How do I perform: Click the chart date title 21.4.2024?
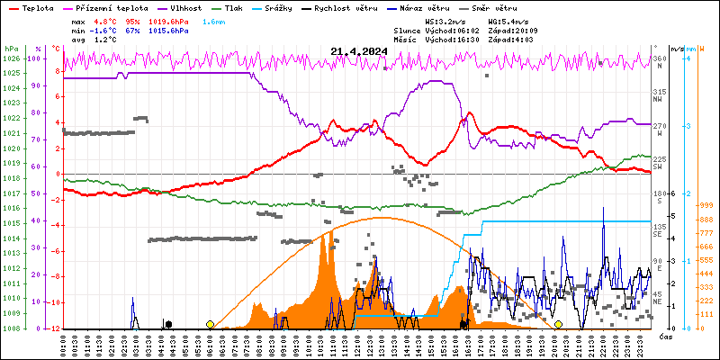point(359,52)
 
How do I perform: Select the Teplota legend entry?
point(37,6)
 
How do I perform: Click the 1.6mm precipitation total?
point(213,20)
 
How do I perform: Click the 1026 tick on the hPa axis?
point(11,58)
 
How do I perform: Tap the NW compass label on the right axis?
point(658,99)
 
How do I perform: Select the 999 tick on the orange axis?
point(706,205)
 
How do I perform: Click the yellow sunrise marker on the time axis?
point(210,324)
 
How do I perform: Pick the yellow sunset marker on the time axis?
point(558,324)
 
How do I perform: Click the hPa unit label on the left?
point(11,49)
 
